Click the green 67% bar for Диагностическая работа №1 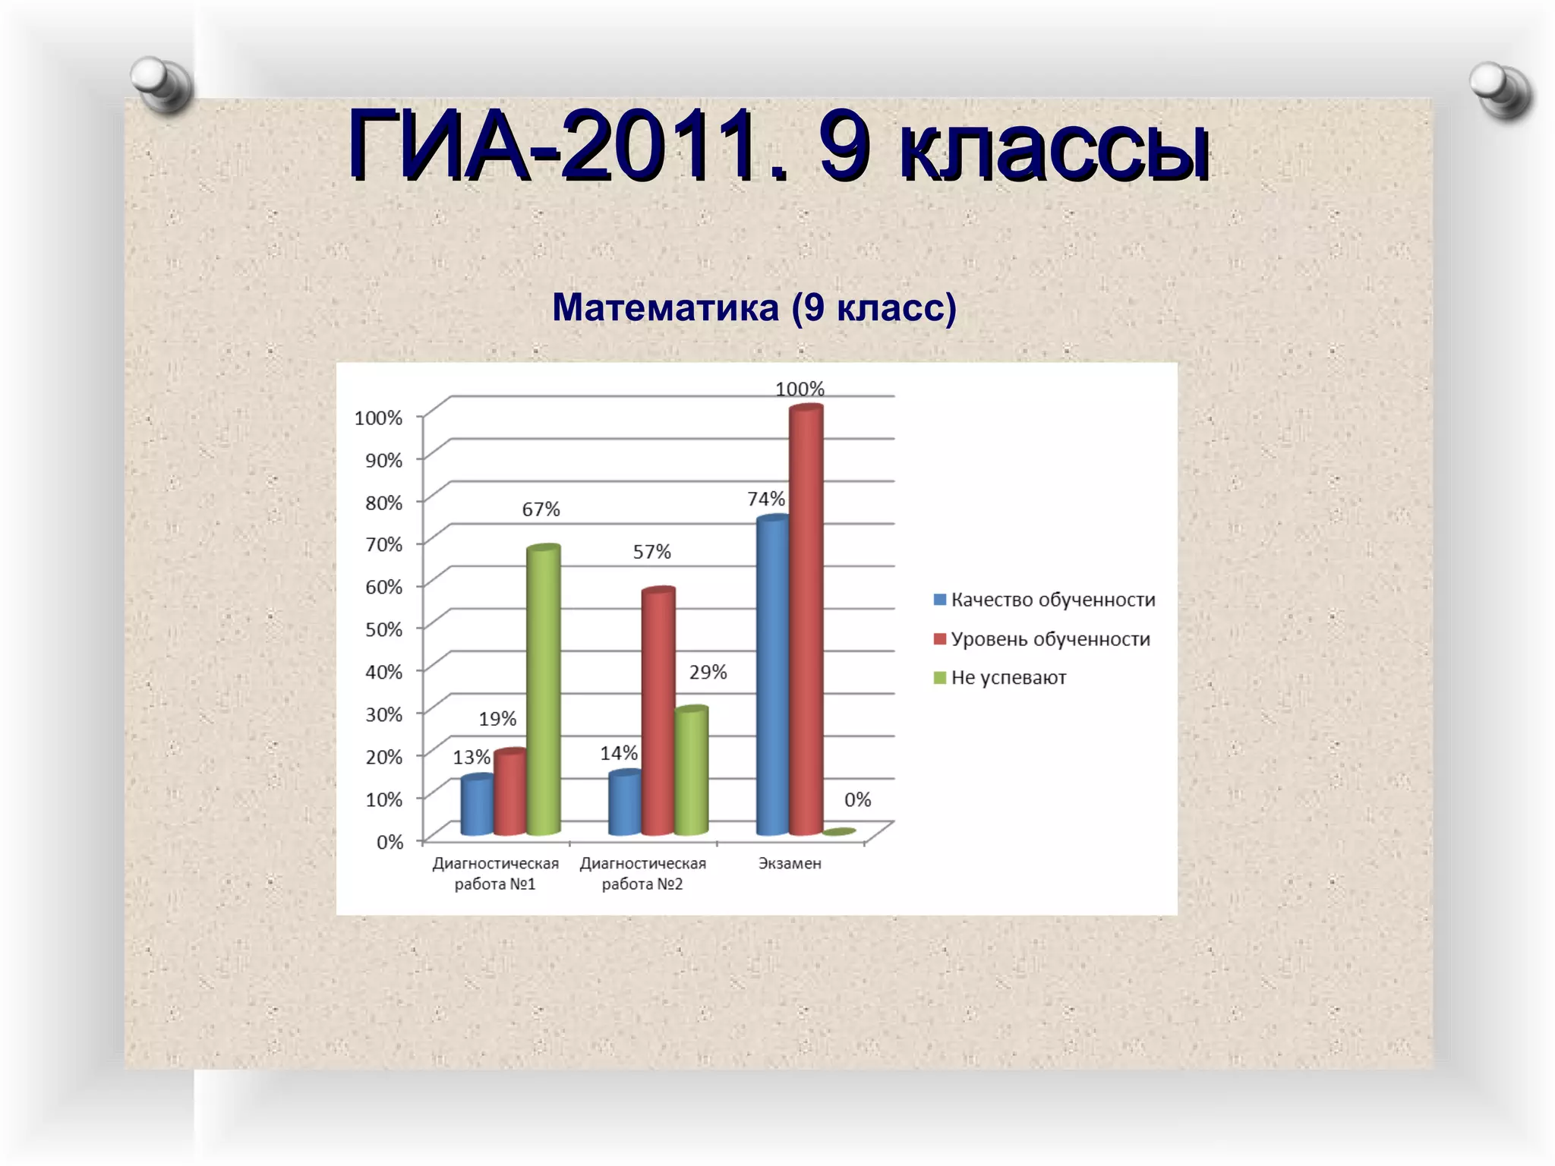(x=544, y=691)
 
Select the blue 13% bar (x=477, y=806)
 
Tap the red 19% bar (x=510, y=793)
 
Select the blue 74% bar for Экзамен (x=773, y=676)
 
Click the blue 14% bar (x=624, y=804)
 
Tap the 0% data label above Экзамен (x=857, y=799)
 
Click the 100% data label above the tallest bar (x=800, y=389)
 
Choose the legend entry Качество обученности (x=1045, y=600)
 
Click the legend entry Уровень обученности (x=1042, y=639)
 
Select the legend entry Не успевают (x=1001, y=678)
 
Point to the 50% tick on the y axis (x=384, y=629)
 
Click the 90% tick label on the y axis (x=384, y=460)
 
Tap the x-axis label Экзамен (x=790, y=863)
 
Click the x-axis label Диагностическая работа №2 (x=642, y=873)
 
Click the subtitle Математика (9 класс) (x=754, y=307)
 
